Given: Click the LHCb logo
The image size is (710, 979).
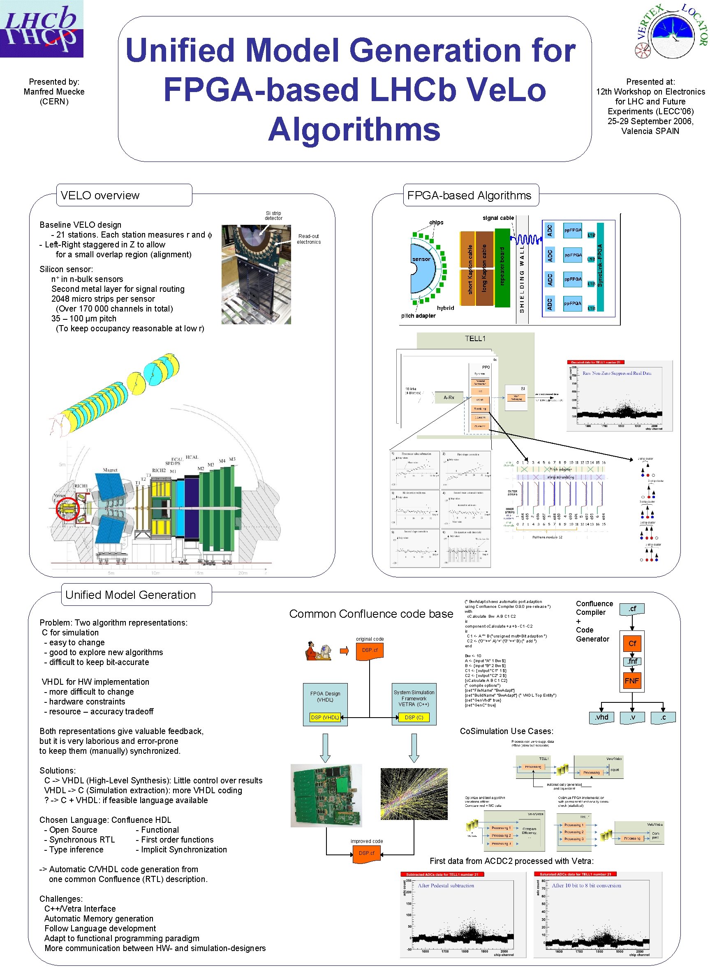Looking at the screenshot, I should [x=42, y=28].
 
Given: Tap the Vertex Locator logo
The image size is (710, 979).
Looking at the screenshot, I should [x=672, y=31].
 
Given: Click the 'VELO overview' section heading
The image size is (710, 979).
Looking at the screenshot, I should [x=100, y=196].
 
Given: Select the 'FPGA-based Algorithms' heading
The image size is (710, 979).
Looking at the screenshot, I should [x=469, y=196].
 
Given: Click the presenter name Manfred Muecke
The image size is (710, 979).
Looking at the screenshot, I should [x=54, y=92].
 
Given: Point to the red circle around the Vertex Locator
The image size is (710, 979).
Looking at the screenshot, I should [x=68, y=509].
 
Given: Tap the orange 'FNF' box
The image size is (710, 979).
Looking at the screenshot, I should [x=632, y=681].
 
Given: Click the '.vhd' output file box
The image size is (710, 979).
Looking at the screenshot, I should [x=601, y=718].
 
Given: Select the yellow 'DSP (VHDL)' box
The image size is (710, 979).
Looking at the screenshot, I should [x=325, y=718].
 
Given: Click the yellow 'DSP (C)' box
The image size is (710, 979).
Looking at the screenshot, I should [x=414, y=718].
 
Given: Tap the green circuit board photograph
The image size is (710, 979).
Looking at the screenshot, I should [x=326, y=796].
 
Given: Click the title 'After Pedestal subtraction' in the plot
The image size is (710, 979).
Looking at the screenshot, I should [x=446, y=886].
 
